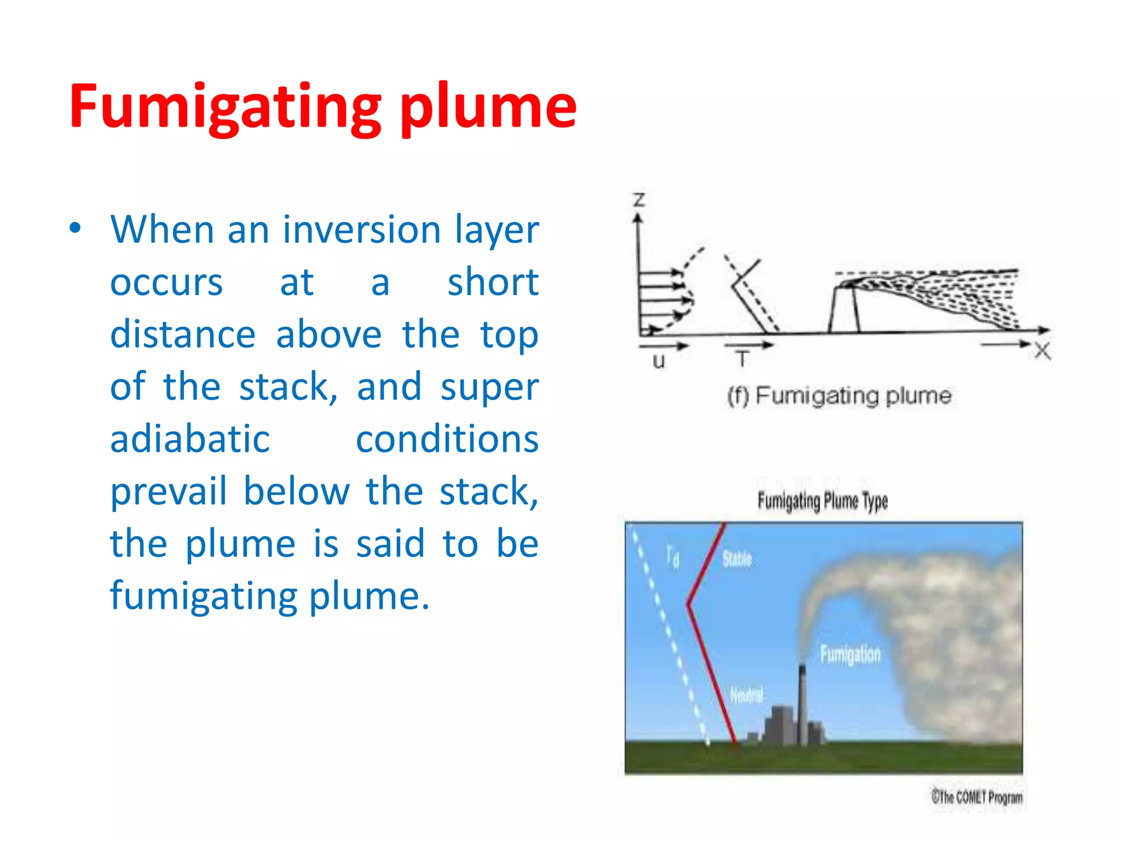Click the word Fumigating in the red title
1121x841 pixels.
(224, 107)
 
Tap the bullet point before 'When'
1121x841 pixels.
(76, 228)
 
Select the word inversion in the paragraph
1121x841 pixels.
(362, 229)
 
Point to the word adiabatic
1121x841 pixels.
(190, 439)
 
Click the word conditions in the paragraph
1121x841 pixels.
(447, 439)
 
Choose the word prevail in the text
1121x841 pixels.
(169, 491)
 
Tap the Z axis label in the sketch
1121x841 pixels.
(639, 200)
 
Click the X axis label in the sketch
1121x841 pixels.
(1042, 350)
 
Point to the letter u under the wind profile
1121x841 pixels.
(659, 361)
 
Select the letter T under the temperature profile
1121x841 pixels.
(742, 359)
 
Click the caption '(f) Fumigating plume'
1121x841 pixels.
(839, 395)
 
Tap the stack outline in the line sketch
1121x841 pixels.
(844, 309)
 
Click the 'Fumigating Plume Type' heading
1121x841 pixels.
(822, 500)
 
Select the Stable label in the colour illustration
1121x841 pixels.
(737, 559)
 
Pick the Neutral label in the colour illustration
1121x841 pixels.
(747, 695)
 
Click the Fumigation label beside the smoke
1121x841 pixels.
(850, 654)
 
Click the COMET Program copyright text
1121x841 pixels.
(976, 797)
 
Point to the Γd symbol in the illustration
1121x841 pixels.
(673, 557)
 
